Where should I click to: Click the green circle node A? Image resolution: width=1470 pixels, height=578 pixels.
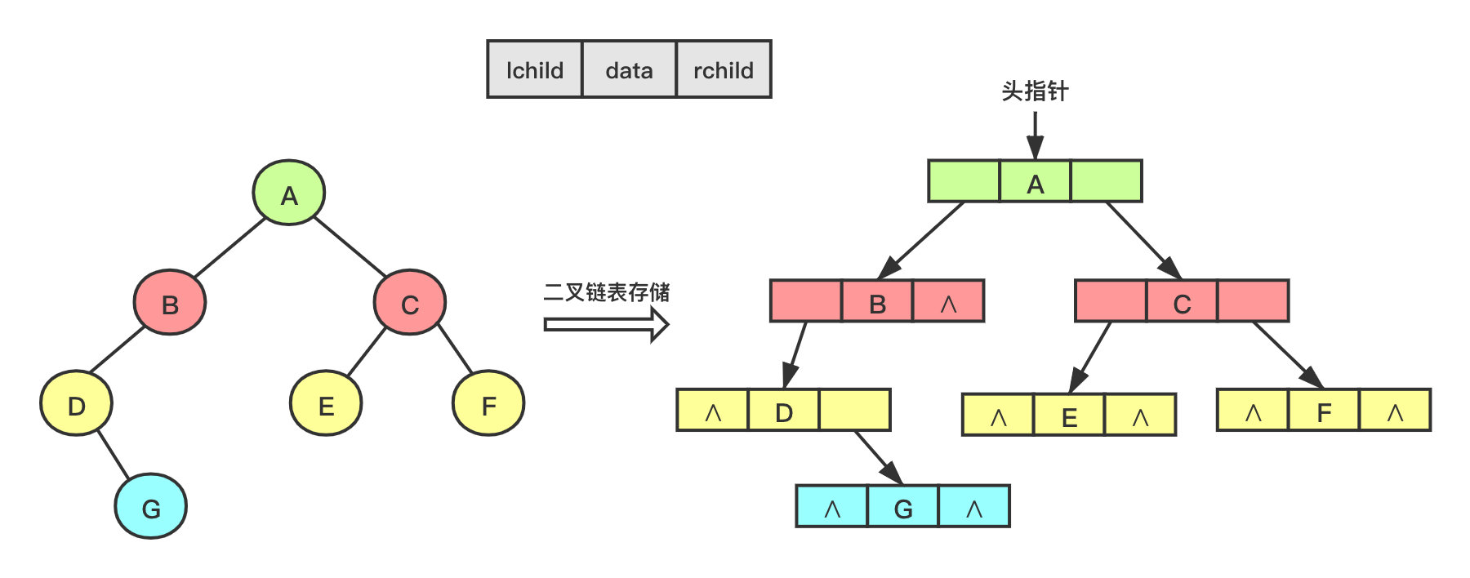click(289, 193)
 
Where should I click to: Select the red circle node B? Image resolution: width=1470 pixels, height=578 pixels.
click(170, 303)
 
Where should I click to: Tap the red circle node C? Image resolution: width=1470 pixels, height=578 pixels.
click(410, 303)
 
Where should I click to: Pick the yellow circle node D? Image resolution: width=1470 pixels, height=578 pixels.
click(76, 403)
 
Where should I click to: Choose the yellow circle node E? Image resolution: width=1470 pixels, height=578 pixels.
click(326, 403)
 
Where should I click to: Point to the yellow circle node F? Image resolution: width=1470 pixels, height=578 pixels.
click(488, 403)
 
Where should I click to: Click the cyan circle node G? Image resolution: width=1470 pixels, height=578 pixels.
click(151, 506)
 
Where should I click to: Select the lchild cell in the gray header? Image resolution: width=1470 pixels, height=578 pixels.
click(535, 70)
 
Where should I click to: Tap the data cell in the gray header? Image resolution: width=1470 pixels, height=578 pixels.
click(629, 70)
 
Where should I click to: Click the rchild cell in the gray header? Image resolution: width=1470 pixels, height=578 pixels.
click(724, 70)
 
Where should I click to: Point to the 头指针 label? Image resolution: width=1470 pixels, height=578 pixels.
click(1035, 91)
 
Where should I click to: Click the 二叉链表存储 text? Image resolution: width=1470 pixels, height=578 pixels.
click(607, 292)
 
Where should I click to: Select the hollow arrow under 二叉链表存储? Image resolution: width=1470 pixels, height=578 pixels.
click(607, 325)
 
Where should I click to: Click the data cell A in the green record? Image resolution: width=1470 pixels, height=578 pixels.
click(1035, 181)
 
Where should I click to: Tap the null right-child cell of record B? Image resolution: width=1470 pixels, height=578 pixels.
click(948, 301)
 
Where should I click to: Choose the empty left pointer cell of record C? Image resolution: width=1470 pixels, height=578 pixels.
click(1111, 301)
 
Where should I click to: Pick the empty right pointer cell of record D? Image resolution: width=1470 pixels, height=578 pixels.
click(854, 410)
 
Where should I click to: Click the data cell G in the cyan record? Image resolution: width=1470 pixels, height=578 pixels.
click(903, 506)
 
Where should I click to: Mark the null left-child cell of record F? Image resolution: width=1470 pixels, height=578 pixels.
click(1253, 410)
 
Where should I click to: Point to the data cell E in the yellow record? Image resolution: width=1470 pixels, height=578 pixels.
click(1069, 415)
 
